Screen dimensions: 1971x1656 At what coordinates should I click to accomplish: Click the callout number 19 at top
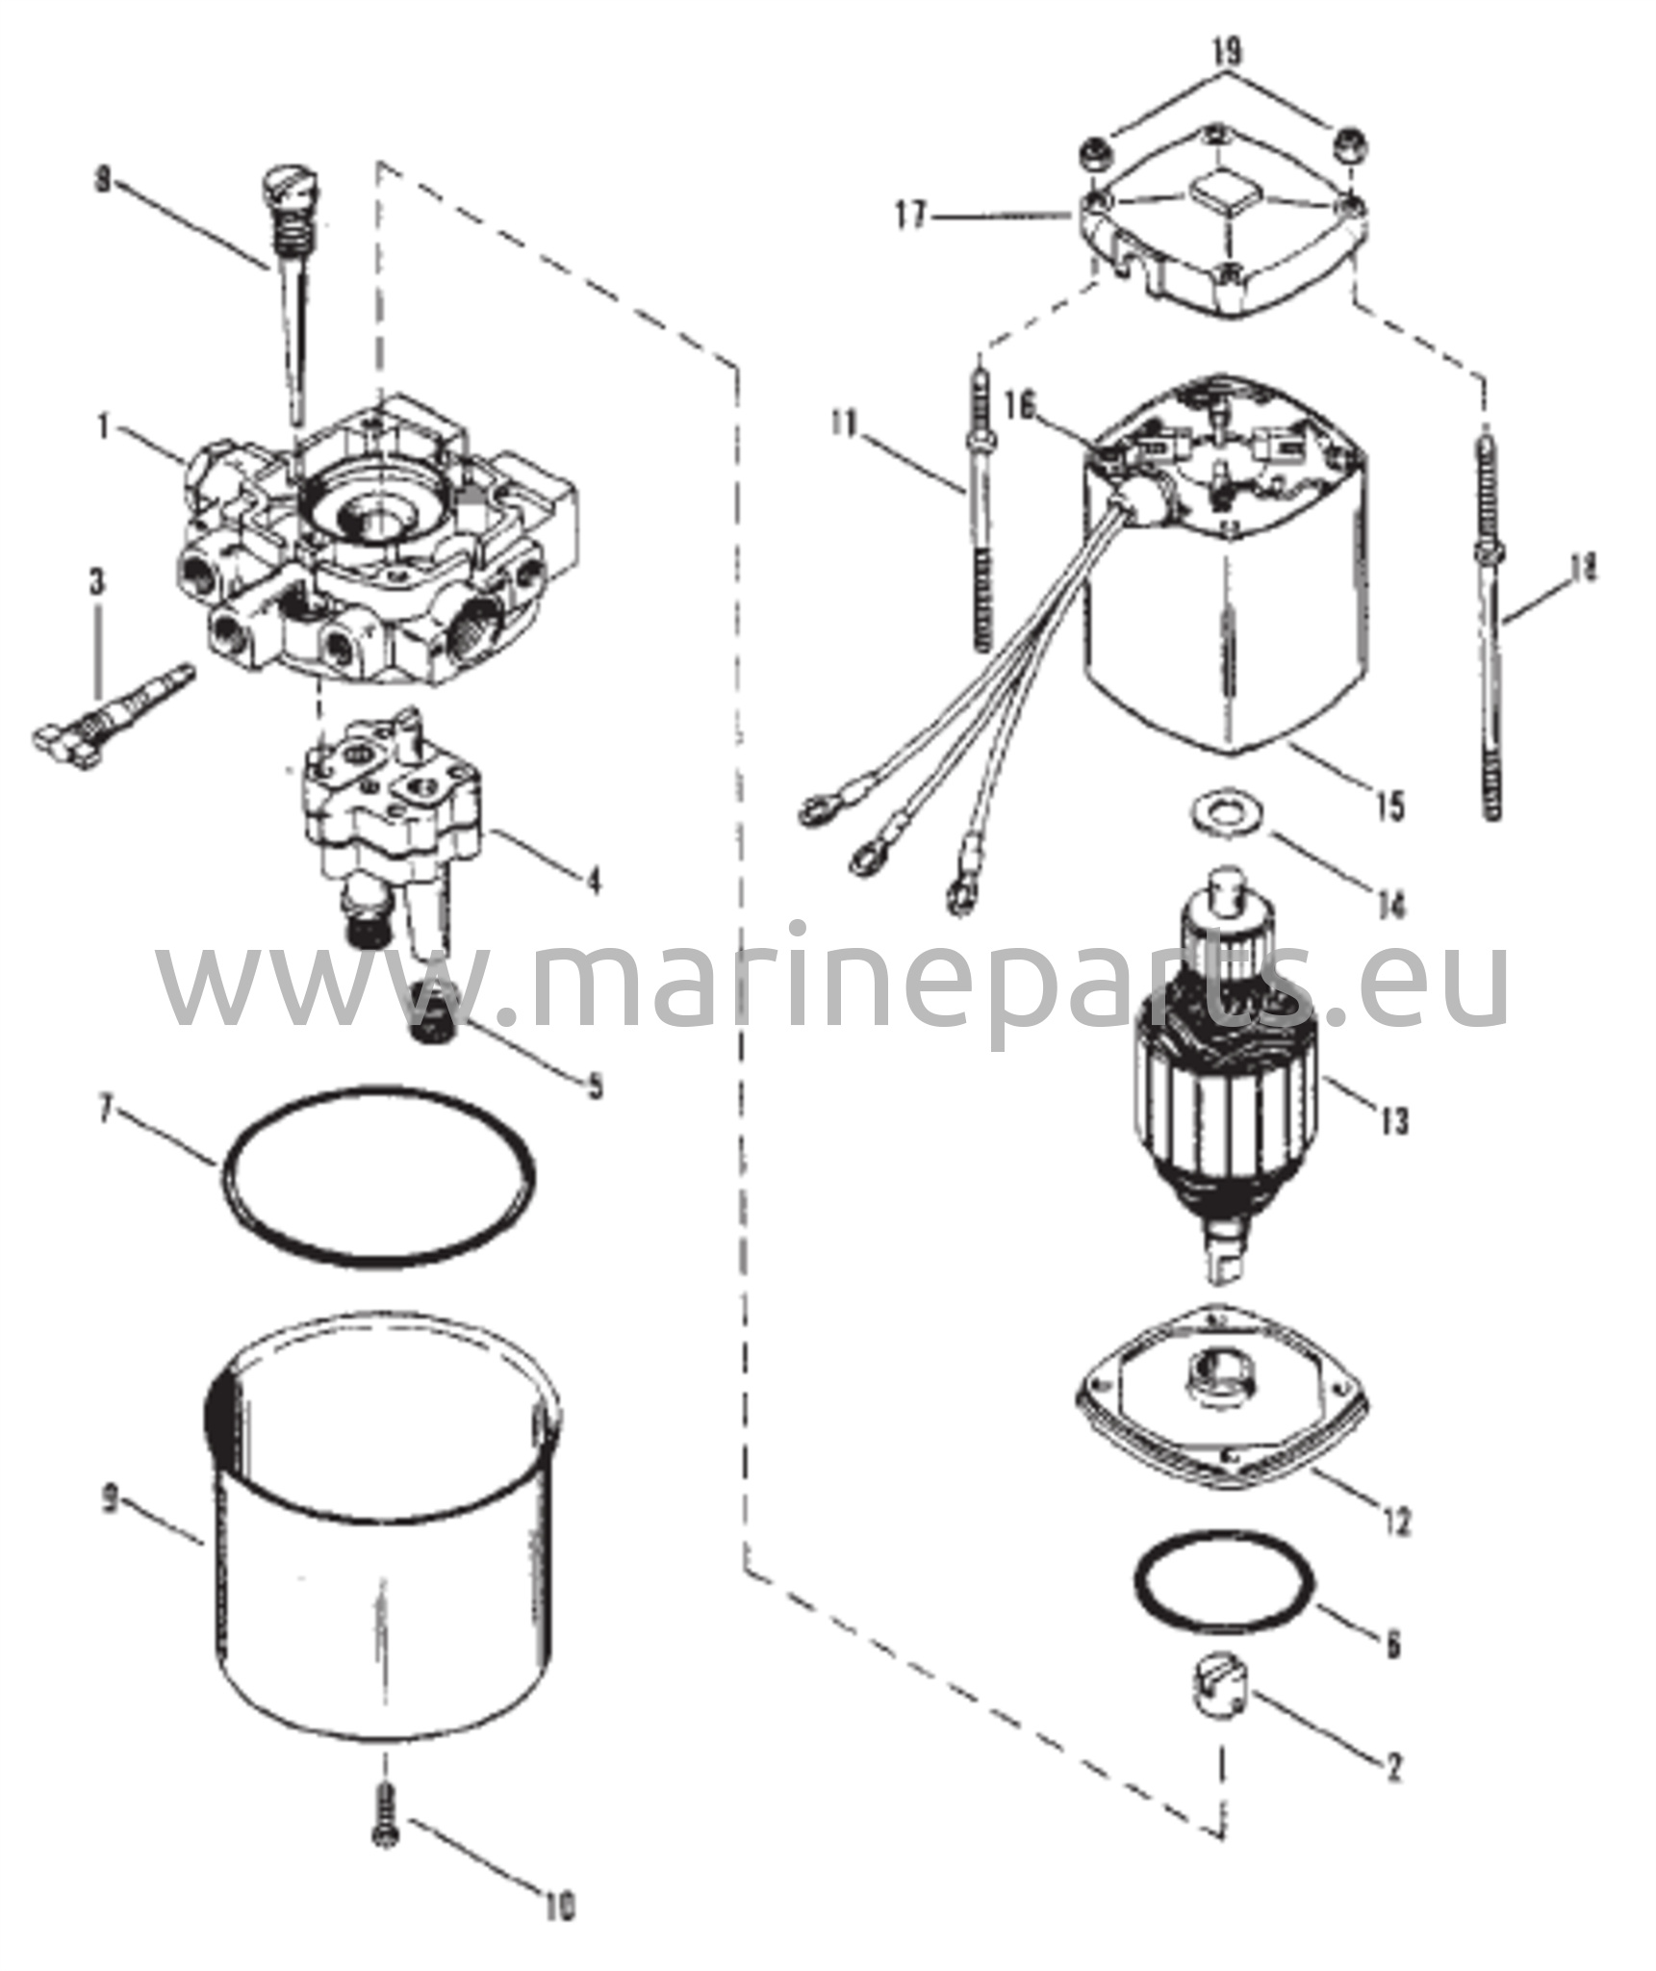coord(1227,52)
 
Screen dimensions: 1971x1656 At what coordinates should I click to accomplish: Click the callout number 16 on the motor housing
coord(1021,408)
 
